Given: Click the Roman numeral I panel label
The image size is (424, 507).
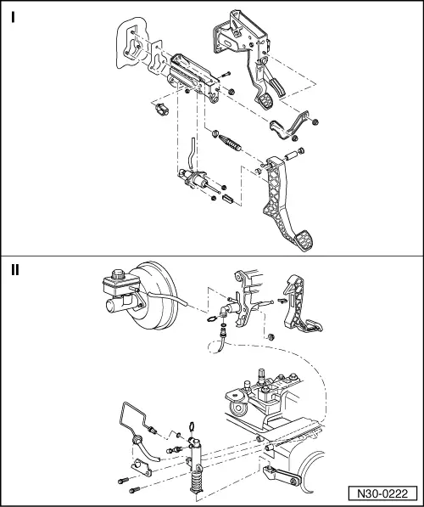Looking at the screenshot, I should pyautogui.click(x=14, y=18).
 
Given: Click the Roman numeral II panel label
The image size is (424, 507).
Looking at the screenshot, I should pyautogui.click(x=16, y=271).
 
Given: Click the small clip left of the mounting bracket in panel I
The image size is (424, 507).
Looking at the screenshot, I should pyautogui.click(x=157, y=110).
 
